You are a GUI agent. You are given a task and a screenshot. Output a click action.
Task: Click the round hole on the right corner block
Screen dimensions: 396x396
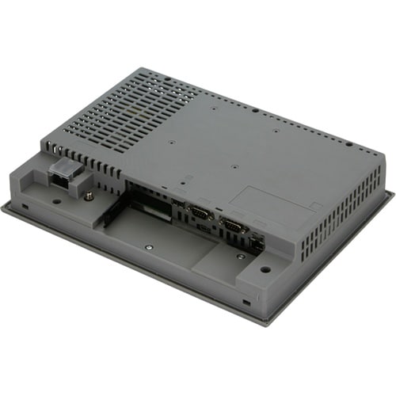[x=265, y=268]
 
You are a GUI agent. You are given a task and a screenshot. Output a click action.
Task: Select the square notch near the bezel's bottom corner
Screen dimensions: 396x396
[x=246, y=302]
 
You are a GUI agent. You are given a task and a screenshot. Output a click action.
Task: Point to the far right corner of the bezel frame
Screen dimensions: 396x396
[x=393, y=192]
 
